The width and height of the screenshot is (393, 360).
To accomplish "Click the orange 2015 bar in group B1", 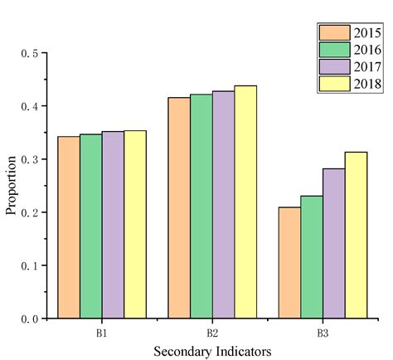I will tap(69, 227).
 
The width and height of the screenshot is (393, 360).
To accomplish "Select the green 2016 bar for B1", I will tap(91, 226).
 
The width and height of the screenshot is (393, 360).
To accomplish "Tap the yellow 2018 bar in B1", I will tap(135, 224).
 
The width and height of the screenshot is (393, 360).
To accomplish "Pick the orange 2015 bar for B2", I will tap(179, 207).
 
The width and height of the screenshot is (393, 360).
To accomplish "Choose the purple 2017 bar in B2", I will tap(223, 204).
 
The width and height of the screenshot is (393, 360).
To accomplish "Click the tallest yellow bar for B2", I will tap(245, 202).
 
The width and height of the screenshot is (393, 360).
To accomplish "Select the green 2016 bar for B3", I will tap(312, 256).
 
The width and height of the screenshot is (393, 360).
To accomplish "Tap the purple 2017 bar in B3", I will tap(333, 243).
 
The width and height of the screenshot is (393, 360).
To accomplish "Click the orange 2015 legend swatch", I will tap(331, 32).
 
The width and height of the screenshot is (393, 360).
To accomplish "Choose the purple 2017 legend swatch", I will tap(331, 67).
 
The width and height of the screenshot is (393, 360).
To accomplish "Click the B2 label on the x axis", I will tap(212, 333).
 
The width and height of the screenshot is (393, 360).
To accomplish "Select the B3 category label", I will tap(323, 333).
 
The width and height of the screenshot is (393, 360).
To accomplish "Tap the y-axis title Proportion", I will tap(11, 185).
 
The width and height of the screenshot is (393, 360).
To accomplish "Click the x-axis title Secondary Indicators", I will tap(211, 351).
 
